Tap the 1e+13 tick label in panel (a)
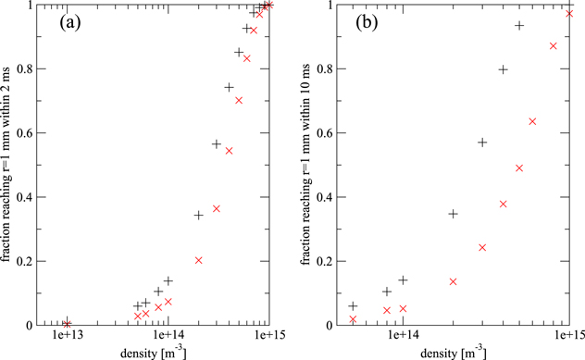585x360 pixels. click(x=67, y=336)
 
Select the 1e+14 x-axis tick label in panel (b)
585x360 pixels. click(x=404, y=336)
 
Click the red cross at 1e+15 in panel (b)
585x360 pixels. click(x=569, y=13)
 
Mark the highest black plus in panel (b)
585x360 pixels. click(x=519, y=26)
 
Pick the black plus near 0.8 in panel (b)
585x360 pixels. click(x=504, y=69)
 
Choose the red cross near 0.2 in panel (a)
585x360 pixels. click(x=199, y=260)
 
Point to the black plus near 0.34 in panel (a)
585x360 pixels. click(x=198, y=216)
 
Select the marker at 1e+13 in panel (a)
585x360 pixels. click(x=67, y=323)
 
